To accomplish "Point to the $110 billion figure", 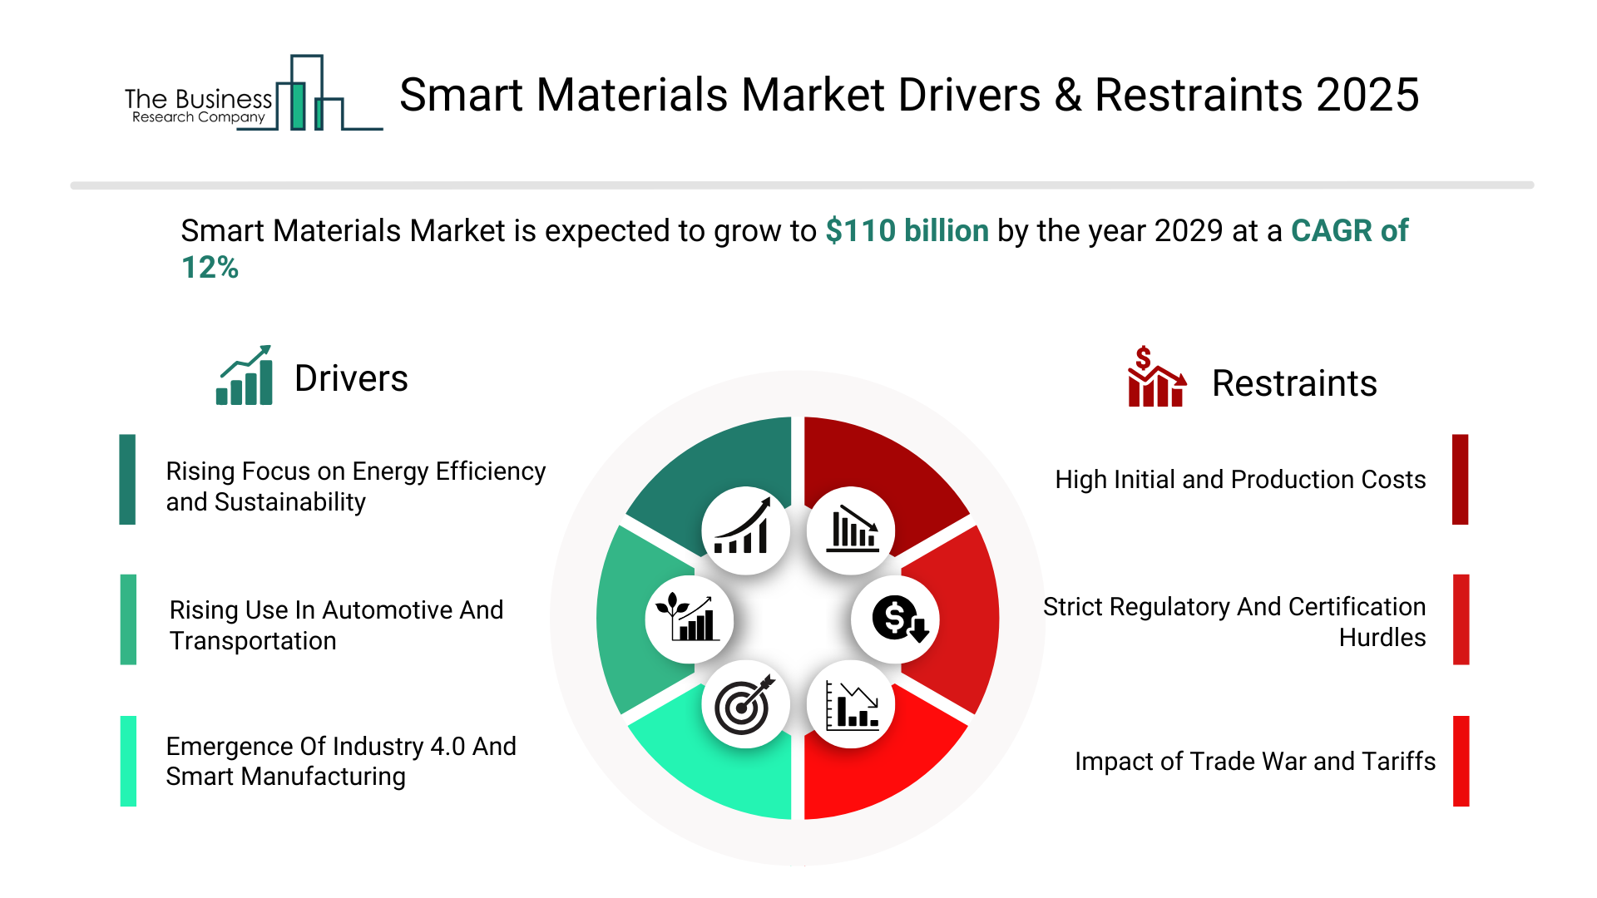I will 907,231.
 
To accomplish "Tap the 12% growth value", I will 210,268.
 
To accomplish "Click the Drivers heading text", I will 351,379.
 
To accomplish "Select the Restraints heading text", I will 1294,384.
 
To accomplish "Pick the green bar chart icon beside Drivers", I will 245,376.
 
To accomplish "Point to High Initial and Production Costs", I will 1240,480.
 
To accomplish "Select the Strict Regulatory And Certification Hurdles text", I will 1234,622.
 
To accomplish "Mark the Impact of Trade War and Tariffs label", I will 1254,762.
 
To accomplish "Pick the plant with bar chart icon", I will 689,619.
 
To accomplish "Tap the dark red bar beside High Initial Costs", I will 1460,480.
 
